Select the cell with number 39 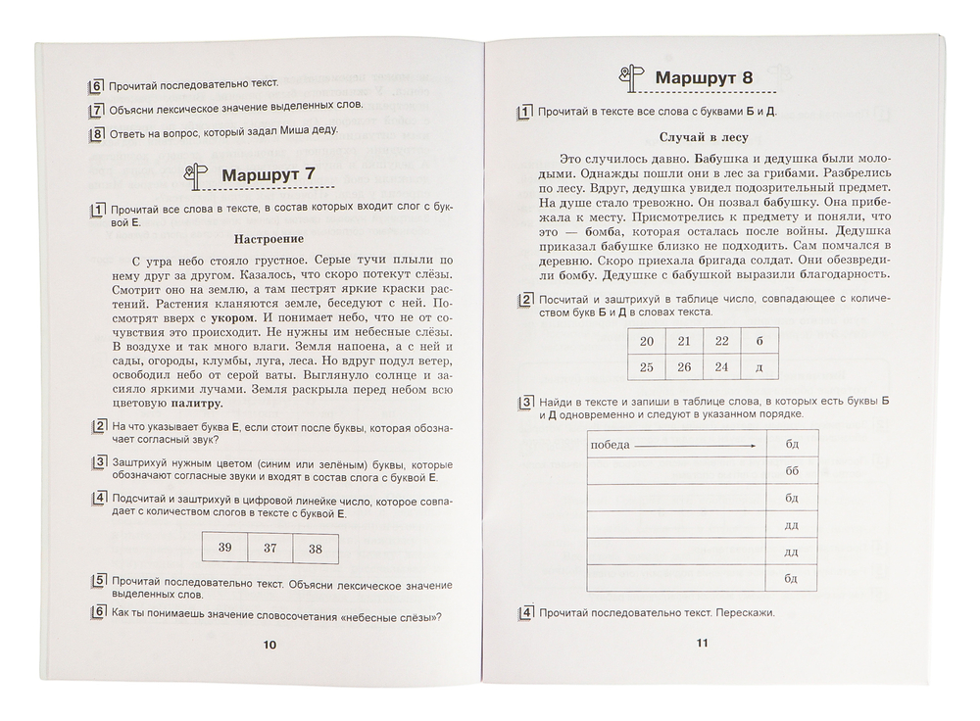point(224,548)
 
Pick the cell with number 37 point(269,548)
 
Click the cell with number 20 point(645,341)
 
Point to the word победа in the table point(610,447)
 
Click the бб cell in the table point(792,471)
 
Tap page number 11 point(702,643)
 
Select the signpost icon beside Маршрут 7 point(197,175)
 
